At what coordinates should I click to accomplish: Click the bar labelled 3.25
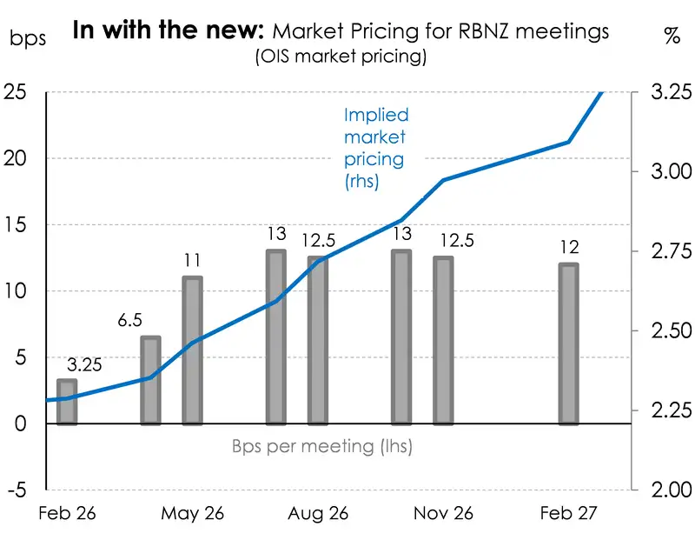pos(67,402)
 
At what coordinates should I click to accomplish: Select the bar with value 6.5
pos(150,380)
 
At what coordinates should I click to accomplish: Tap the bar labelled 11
pos(192,350)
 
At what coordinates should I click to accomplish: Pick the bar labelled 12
pos(568,343)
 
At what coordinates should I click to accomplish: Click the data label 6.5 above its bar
pos(130,321)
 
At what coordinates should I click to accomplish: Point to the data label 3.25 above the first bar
pos(85,365)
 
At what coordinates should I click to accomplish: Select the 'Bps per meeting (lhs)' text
pos(321,447)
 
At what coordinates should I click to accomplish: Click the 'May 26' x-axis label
pos(193,514)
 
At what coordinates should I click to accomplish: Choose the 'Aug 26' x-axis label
pos(318,514)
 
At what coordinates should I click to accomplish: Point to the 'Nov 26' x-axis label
pos(443,514)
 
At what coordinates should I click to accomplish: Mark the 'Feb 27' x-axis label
pos(568,514)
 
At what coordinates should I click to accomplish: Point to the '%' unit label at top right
pos(672,37)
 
